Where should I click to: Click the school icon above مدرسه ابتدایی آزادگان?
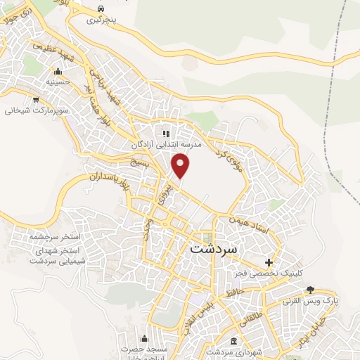tap(166, 134)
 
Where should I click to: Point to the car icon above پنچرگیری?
tap(103, 9)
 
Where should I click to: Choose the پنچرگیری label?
tap(103, 20)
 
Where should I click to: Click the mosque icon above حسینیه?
tap(58, 72)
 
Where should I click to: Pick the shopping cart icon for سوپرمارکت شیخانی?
tap(35, 100)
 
